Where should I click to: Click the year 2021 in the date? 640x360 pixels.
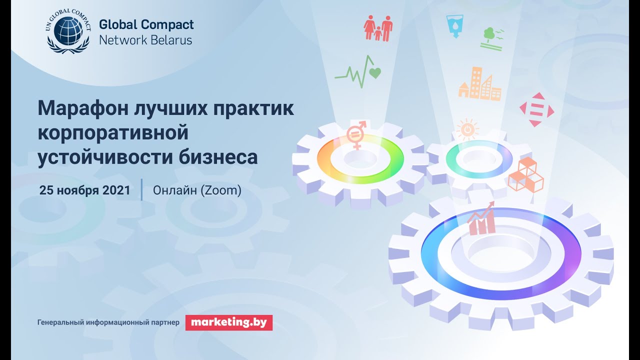point(116,190)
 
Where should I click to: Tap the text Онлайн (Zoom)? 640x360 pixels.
point(197,190)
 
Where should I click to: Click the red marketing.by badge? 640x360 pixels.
point(229,322)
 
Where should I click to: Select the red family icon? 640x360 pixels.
point(378,28)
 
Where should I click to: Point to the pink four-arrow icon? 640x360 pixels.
point(536,109)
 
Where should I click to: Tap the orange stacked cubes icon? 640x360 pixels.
point(525,174)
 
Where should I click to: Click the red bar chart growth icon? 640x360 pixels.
point(481,219)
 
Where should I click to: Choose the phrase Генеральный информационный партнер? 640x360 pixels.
point(108,323)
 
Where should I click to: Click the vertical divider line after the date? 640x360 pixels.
point(141,189)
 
